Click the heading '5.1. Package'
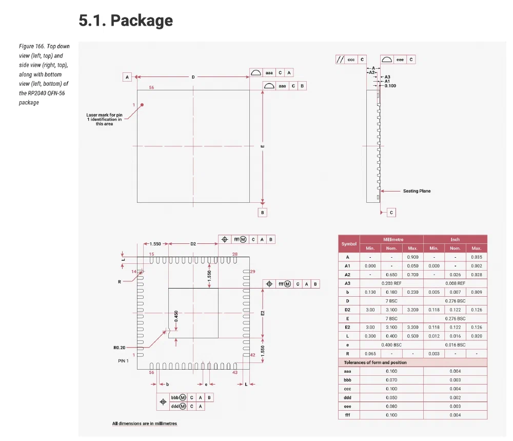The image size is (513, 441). tap(126, 21)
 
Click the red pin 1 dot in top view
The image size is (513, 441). tap(142, 105)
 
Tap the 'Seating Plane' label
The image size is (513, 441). tap(417, 191)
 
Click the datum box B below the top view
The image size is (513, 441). tap(262, 212)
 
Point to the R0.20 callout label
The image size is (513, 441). tap(119, 348)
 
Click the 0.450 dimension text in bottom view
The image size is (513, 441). tap(176, 317)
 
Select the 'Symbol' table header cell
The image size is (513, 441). tap(349, 244)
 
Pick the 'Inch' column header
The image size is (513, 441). tap(455, 239)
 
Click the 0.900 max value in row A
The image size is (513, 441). tap(412, 257)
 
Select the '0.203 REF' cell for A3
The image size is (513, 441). tap(391, 283)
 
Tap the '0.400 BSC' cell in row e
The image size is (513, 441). tap(391, 344)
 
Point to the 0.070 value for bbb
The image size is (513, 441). tap(391, 380)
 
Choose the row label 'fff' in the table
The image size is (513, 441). tap(347, 415)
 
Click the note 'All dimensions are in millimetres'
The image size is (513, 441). tap(145, 424)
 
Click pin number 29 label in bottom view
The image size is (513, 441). tap(252, 271)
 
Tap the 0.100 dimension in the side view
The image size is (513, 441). tap(390, 86)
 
